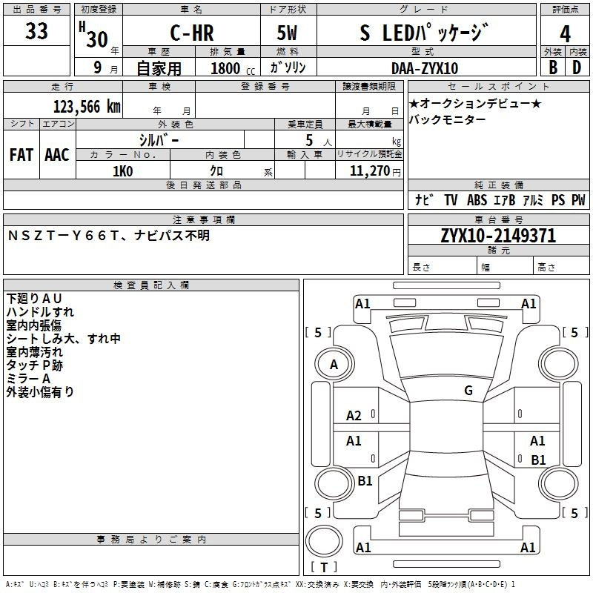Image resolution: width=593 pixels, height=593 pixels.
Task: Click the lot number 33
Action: [36, 32]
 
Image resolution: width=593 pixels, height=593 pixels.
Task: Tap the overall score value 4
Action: [566, 34]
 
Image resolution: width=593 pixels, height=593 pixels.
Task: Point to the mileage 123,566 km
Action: [87, 107]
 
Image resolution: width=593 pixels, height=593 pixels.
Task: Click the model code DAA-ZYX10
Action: [425, 68]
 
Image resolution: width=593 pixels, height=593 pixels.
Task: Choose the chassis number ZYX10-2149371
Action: [498, 236]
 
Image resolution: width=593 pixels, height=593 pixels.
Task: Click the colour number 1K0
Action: [122, 171]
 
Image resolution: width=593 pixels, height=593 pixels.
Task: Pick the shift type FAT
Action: [21, 155]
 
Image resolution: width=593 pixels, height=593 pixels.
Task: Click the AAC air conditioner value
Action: [57, 155]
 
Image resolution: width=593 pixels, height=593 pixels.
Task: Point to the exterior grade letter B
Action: [553, 67]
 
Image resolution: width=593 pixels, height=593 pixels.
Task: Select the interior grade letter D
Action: [577, 67]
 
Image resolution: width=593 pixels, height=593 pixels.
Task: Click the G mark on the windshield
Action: [468, 391]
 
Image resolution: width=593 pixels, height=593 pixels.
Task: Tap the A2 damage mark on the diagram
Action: [354, 416]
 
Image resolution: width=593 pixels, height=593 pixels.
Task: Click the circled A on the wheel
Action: [334, 365]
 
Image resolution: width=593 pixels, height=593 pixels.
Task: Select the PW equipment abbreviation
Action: [578, 200]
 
